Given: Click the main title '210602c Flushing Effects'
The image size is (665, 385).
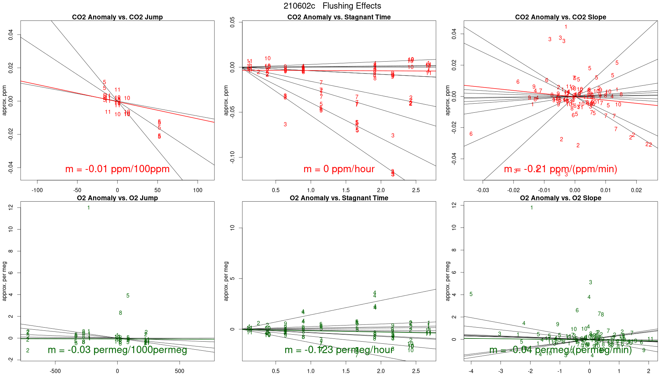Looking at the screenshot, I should (332, 6).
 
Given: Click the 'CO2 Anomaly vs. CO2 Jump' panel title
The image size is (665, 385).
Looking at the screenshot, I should (117, 17).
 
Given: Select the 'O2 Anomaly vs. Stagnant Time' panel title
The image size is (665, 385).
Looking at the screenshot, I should (339, 198).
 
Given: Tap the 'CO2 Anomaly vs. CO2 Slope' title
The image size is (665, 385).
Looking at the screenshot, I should (560, 17).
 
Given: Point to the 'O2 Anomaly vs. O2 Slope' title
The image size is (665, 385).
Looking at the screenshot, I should (560, 198).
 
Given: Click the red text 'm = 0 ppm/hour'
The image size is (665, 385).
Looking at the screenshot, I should (339, 169).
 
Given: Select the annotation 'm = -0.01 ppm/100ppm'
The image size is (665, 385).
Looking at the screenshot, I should (117, 169).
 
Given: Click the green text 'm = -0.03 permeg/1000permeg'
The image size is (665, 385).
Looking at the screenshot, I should (117, 350).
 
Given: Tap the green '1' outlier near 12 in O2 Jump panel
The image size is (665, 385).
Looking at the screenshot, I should (89, 208).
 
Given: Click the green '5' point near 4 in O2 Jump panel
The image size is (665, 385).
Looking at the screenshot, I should (128, 296).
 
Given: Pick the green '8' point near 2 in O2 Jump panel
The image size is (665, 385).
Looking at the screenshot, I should (120, 313).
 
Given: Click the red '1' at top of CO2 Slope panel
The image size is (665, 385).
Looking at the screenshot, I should (566, 27).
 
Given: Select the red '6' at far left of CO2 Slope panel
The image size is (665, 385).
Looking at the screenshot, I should (471, 134).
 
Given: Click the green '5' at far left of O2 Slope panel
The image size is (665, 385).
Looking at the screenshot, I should (471, 294).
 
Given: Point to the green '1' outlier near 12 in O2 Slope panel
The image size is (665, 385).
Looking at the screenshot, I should (532, 208).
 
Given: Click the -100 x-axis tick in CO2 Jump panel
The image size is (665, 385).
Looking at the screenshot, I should (37, 190).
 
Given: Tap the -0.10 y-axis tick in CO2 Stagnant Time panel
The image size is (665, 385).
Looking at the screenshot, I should (232, 157).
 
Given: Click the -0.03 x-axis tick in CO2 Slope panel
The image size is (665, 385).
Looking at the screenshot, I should (483, 190).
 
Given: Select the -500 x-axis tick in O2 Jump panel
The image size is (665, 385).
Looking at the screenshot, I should (55, 371).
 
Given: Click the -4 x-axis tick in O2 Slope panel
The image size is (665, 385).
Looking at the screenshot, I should (471, 371).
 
